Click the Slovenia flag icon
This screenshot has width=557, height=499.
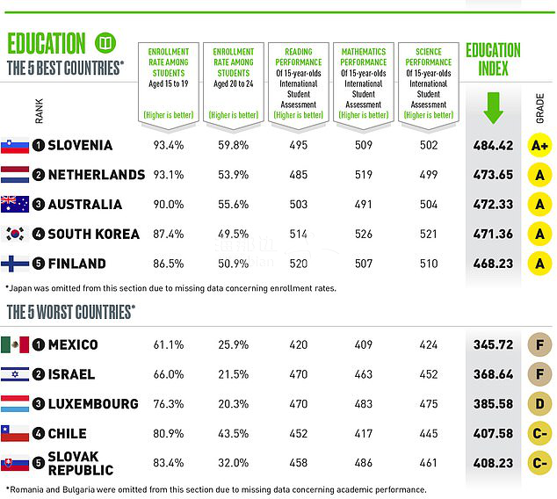(x=15, y=145)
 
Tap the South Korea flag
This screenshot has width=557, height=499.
(x=15, y=234)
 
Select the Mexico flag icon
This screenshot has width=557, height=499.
(x=15, y=344)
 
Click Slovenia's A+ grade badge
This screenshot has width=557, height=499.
(x=539, y=145)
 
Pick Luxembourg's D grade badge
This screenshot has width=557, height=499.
(x=539, y=404)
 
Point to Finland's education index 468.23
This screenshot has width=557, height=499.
(x=492, y=264)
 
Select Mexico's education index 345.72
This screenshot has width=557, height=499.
(x=492, y=344)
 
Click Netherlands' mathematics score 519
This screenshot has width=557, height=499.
(x=363, y=175)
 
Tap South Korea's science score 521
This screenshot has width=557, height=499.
(x=429, y=234)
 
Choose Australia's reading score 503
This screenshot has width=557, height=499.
(x=298, y=205)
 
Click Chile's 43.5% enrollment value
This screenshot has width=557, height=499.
(x=233, y=433)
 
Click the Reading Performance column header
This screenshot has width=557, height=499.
(x=298, y=82)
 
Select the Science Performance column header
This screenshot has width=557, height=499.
(x=429, y=82)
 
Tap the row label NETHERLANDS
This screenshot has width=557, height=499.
(x=96, y=175)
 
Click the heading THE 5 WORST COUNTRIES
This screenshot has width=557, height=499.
(x=70, y=312)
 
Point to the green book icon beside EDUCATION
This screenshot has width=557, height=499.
(x=105, y=42)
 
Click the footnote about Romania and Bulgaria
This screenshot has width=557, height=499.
(x=215, y=489)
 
